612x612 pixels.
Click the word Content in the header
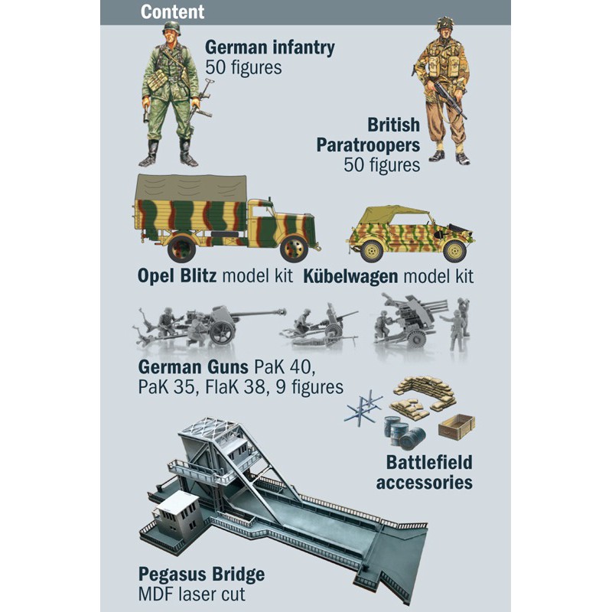[x=172, y=12]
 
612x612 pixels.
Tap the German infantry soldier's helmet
[x=171, y=29]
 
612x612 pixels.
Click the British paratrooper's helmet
[x=445, y=24]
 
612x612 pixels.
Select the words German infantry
[x=269, y=47]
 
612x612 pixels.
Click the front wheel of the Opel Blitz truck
[x=293, y=248]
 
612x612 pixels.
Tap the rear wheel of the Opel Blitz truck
[x=181, y=248]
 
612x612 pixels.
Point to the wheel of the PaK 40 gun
[x=222, y=331]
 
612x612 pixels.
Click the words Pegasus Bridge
[x=201, y=574]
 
